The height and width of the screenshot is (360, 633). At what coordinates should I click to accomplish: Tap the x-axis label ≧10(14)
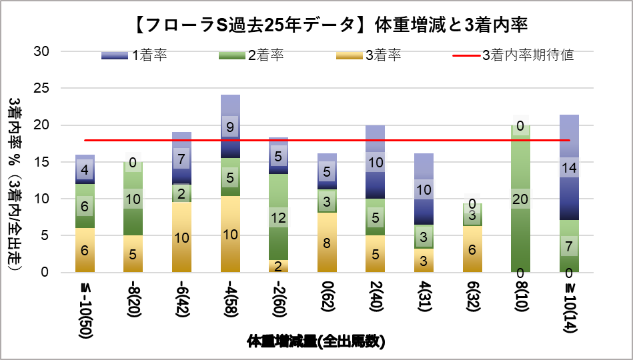pos(568,309)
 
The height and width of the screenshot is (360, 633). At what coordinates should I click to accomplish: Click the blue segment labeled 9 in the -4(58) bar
pos(230,127)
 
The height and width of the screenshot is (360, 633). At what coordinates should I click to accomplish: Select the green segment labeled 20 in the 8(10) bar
pos(520,198)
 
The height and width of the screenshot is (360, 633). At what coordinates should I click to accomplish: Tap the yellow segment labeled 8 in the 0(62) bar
pos(327,243)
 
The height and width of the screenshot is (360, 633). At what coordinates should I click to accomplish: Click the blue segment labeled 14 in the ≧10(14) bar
pos(568,167)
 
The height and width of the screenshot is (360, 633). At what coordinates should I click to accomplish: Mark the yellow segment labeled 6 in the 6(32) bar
pos(472,249)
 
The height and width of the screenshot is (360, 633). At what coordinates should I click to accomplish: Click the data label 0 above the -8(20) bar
pos(133,162)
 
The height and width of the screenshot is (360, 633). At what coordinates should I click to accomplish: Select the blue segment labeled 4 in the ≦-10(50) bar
pos(85,169)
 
